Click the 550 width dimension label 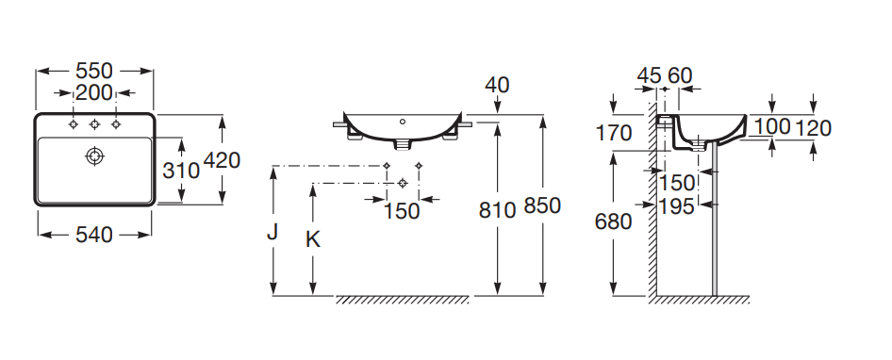94,71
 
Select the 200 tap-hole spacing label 94,92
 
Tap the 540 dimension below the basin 94,235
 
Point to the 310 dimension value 181,170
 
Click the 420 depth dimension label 222,160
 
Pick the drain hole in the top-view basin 94,155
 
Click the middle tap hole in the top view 94,124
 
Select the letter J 273,232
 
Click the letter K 313,239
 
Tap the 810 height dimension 497,210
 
